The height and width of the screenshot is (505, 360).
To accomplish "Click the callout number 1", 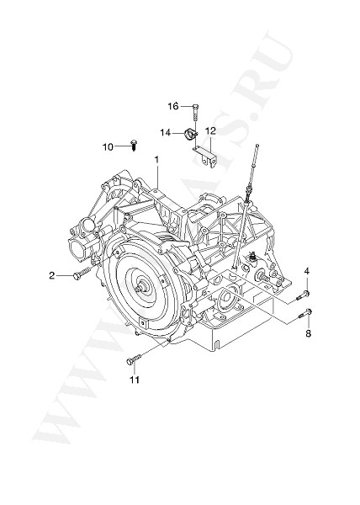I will [x=156, y=159].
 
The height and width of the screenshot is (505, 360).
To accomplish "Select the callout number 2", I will [x=52, y=275].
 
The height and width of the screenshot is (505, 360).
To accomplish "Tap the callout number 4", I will [x=307, y=270].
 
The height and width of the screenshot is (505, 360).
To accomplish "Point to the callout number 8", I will [x=308, y=334].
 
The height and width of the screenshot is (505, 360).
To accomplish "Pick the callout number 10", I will [x=108, y=146].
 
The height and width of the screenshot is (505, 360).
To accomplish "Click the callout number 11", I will [x=134, y=380].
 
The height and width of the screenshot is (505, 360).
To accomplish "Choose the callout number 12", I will [x=210, y=130].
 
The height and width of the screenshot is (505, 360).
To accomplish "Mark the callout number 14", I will [x=167, y=132].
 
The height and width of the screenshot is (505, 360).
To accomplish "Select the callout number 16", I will [x=172, y=106].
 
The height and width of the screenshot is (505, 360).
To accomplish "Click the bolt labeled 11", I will [x=134, y=360].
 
